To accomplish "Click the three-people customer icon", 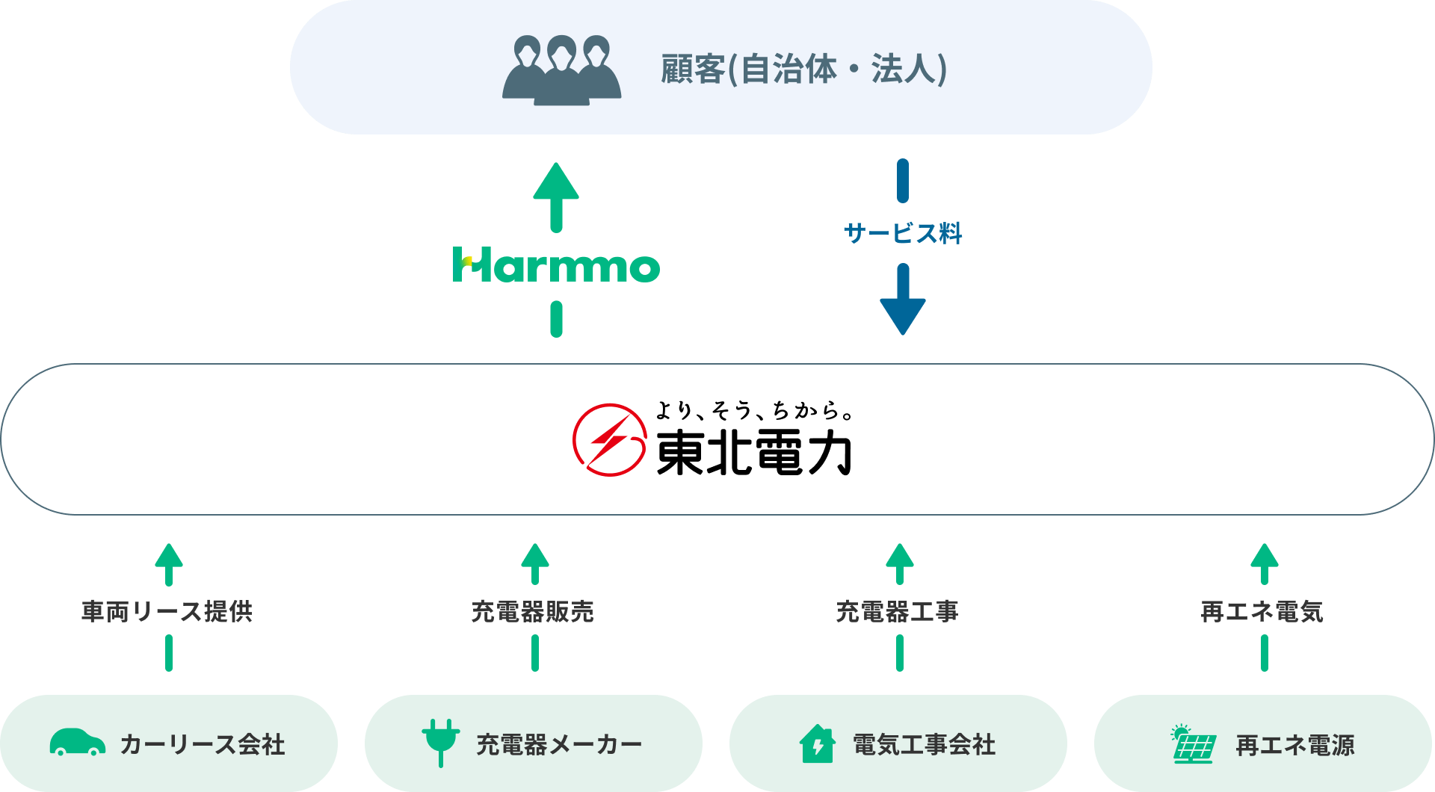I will click(561, 69).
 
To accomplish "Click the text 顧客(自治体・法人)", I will click(804, 69).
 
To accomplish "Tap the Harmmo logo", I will click(556, 264).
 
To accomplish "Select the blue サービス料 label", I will click(903, 233).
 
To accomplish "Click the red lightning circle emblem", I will click(609, 439).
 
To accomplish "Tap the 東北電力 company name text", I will click(753, 453).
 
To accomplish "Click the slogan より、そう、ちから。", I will click(753, 410).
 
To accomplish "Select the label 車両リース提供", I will click(167, 611).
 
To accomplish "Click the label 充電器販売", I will click(533, 611).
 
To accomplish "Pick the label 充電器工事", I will click(898, 611).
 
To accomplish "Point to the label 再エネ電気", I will click(1262, 611).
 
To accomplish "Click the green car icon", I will click(78, 742).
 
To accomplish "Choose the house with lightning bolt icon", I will click(817, 743).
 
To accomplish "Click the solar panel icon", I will click(1193, 743).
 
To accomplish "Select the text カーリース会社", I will click(203, 744).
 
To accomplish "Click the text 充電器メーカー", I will click(559, 744).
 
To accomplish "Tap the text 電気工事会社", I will click(925, 744).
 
